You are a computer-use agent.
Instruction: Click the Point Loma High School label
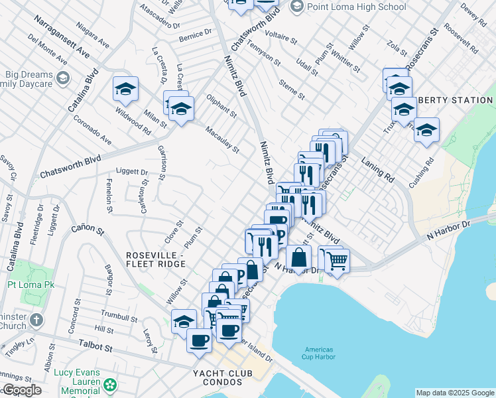[x=356, y=7]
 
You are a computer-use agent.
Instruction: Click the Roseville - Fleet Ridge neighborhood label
[x=156, y=259]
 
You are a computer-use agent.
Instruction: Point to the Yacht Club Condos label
[x=222, y=373]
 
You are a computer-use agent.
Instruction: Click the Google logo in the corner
[x=21, y=390]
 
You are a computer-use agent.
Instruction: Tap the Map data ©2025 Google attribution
[x=454, y=393]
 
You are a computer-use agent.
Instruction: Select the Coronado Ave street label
[x=92, y=131]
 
